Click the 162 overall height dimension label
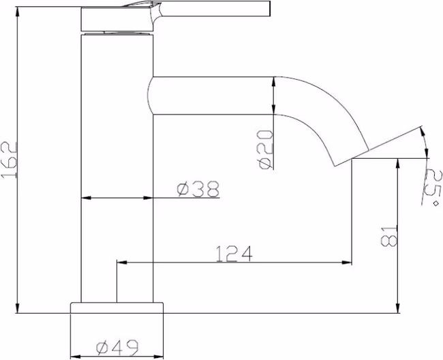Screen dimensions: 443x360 pyautogui.click(x=9, y=160)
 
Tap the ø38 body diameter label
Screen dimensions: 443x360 pyautogui.click(x=198, y=189)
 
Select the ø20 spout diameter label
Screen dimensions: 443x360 pyautogui.click(x=266, y=149)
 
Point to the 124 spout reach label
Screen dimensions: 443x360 pyautogui.click(x=234, y=254)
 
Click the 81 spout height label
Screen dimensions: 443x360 pyautogui.click(x=388, y=236)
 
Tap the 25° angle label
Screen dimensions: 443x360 pyautogui.click(x=432, y=187)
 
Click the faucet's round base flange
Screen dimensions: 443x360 pyautogui.click(x=117, y=307)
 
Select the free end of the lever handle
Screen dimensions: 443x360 pyautogui.click(x=270, y=8)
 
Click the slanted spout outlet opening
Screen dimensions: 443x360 pyautogui.click(x=352, y=157)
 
